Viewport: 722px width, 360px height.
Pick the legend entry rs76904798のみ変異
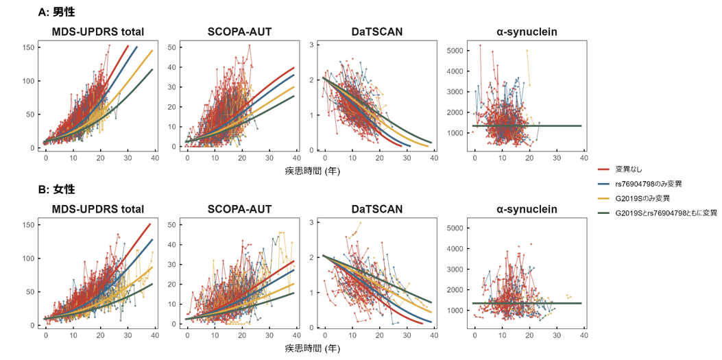(648, 183)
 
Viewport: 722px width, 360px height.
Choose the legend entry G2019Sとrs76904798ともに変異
(666, 213)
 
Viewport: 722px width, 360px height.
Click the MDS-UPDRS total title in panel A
(98, 32)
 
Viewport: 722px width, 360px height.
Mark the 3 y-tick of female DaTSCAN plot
(312, 222)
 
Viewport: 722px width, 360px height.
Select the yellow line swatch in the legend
(604, 198)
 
